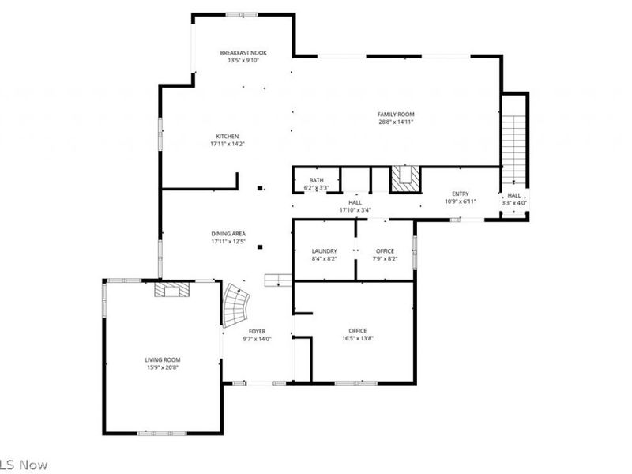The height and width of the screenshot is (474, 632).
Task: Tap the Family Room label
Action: pyautogui.click(x=396, y=115)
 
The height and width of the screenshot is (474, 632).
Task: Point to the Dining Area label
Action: pyautogui.click(x=228, y=233)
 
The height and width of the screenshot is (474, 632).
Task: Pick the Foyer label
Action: pyautogui.click(x=258, y=331)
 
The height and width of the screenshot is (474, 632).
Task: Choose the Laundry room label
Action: pyautogui.click(x=324, y=250)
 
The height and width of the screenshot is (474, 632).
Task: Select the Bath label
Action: pyautogui.click(x=316, y=181)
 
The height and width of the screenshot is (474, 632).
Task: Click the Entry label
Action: pyautogui.click(x=460, y=194)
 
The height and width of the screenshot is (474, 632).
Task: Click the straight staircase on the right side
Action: pyautogui.click(x=514, y=146)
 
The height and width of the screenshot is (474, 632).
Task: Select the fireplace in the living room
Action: pyautogui.click(x=171, y=291)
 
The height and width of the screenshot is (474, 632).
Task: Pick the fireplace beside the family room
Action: pyautogui.click(x=405, y=179)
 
